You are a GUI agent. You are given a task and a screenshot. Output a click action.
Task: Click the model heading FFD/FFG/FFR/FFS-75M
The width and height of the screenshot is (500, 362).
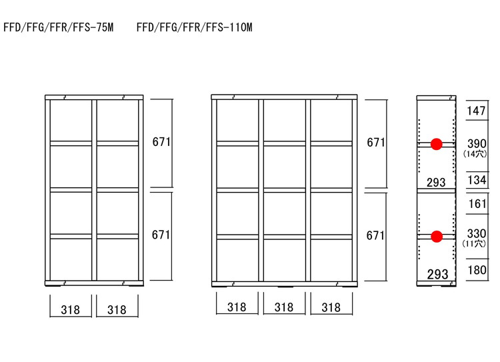tap(59, 27)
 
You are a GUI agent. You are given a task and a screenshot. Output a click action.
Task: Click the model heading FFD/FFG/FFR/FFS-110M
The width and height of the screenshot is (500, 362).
tap(195, 27)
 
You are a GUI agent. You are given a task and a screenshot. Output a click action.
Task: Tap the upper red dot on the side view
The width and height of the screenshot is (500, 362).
tap(436, 144)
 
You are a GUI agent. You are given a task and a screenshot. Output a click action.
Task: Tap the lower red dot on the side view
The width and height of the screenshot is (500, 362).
tap(437, 237)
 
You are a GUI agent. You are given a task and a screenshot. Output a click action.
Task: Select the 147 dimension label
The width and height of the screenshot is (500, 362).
tap(476, 111)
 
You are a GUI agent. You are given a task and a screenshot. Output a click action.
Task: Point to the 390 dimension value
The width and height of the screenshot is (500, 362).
tap(477, 143)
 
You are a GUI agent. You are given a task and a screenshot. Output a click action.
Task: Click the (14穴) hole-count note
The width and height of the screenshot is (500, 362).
tap(475, 154)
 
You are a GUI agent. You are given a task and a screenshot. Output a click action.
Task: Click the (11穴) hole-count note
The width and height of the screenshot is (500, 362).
tap(474, 244)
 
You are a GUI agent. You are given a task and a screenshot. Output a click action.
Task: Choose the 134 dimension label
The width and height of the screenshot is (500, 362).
tap(477, 180)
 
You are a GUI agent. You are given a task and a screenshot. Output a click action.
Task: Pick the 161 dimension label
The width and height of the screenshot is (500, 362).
tap(477, 203)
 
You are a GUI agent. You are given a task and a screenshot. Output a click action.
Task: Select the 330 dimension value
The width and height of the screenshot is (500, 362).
tap(477, 233)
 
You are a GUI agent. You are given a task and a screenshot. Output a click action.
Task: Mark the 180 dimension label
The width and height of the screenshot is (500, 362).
tap(477, 270)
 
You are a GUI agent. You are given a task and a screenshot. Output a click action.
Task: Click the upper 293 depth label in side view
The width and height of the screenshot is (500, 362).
tap(436, 183)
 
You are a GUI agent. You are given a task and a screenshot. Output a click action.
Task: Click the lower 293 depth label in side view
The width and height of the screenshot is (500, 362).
tap(437, 274)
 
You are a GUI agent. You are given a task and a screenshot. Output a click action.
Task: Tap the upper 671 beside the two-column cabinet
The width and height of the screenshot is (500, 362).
tap(161, 142)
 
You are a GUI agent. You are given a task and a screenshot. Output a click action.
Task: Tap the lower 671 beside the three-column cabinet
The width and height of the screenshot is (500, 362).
tap(375, 236)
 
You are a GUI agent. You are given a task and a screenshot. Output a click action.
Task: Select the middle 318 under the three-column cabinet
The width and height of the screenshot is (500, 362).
tap(284, 307)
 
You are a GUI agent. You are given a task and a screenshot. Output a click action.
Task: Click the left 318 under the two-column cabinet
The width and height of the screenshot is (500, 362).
tap(70, 310)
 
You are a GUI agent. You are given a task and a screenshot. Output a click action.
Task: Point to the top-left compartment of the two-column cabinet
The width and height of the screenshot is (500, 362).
tap(71, 120)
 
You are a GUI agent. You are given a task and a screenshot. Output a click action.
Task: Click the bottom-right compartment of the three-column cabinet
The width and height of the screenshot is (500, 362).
tap(331, 260)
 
